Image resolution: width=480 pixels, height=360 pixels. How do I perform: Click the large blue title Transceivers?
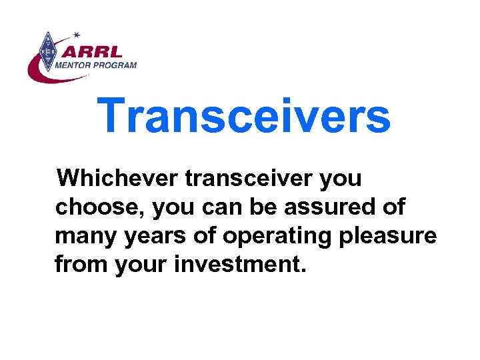click(244, 115)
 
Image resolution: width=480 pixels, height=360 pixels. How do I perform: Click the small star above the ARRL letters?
click(77, 34)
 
